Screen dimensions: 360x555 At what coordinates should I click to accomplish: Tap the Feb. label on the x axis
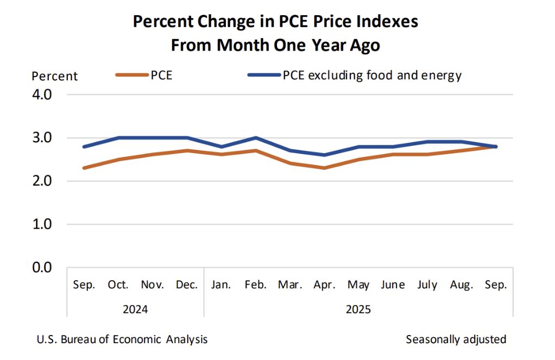(255, 285)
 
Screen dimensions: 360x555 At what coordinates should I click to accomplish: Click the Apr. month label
(324, 285)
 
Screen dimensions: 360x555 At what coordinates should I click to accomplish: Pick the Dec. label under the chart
(186, 285)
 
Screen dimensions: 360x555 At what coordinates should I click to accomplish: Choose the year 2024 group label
(135, 310)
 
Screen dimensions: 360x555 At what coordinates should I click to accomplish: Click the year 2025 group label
(358, 310)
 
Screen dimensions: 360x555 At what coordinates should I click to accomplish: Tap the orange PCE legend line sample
(131, 75)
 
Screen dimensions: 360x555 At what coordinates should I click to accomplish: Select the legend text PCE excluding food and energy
(372, 75)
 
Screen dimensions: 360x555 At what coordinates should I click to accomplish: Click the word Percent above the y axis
(55, 76)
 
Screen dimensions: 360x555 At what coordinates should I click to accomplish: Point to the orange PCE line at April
(324, 168)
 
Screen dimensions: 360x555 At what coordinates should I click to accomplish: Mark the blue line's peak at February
(255, 138)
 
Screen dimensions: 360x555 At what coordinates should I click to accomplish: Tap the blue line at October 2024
(118, 138)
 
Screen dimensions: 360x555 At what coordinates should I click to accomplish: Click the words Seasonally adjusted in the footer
(456, 339)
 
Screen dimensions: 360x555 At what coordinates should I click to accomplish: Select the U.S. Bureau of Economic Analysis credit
(122, 339)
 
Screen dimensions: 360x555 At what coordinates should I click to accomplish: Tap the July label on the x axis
(427, 285)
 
